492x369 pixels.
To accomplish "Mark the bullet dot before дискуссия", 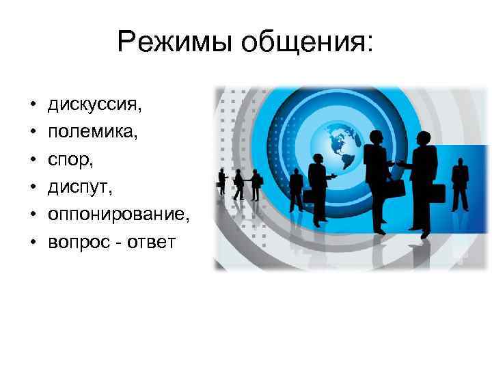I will (x=33, y=107).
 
